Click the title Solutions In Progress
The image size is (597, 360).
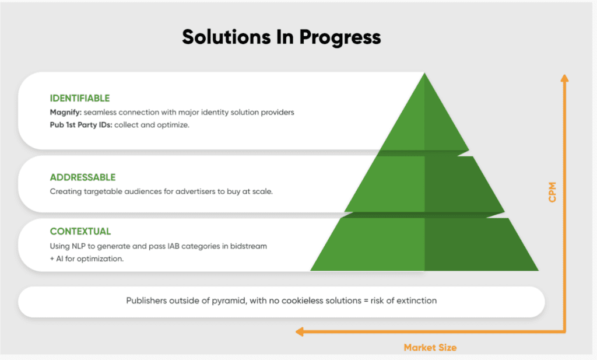[282, 37]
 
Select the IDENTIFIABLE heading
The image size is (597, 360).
[79, 98]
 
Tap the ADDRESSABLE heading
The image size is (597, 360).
[83, 177]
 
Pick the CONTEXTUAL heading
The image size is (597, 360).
[80, 231]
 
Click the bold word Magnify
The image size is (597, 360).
[65, 113]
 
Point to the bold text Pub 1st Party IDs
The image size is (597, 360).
[81, 125]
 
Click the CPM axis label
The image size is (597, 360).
[552, 192]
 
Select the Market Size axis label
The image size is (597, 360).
[430, 347]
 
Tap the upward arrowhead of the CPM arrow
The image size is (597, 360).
[564, 78]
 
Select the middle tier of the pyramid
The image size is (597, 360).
[424, 184]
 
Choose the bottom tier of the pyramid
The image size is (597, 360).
[424, 244]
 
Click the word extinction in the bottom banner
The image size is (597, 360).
[416, 300]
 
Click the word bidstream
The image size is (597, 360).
[248, 246]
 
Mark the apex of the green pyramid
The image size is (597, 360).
[424, 73]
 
